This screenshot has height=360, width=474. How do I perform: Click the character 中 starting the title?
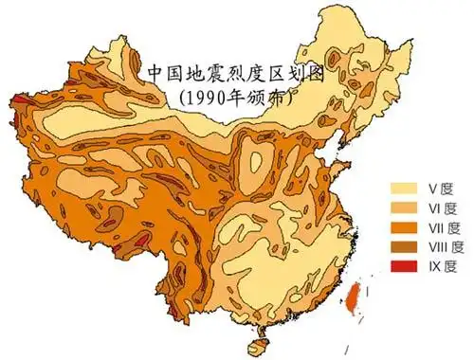[158, 73]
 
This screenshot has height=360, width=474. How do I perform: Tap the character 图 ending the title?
[314, 73]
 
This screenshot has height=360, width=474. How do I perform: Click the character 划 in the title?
[291, 73]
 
